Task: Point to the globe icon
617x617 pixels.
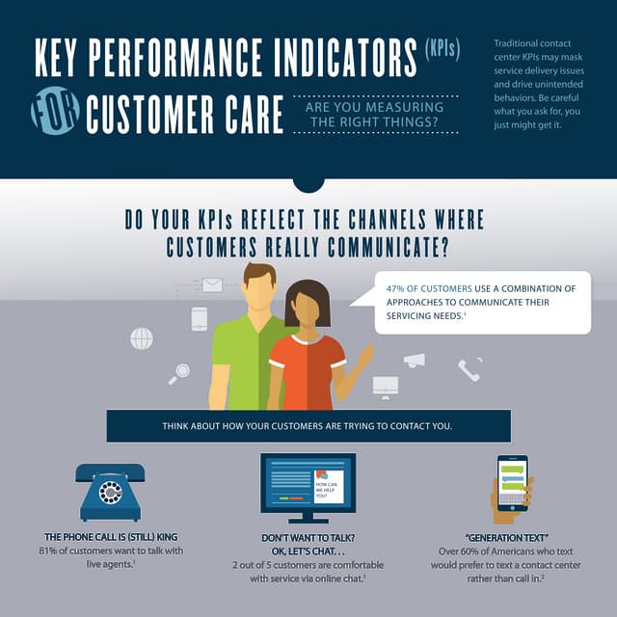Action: coord(142,338)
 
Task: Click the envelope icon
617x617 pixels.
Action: coord(212,285)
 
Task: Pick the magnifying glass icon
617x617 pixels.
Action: coord(179,373)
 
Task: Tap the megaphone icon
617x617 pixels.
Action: coord(415,361)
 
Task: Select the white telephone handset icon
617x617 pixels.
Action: coord(469,369)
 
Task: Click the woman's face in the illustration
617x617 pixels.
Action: coord(308,310)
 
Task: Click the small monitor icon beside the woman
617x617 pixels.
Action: coord(385,386)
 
